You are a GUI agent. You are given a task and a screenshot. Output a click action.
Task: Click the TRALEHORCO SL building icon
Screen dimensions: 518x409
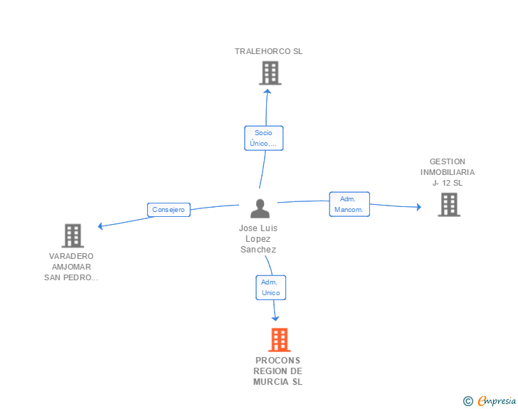tap(270, 73)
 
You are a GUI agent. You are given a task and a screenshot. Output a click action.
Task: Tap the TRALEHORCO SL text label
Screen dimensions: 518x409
tap(268, 51)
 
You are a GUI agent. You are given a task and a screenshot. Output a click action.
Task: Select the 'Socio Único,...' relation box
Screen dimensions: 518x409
tap(263, 138)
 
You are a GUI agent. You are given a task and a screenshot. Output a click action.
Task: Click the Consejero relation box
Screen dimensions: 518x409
tap(169, 210)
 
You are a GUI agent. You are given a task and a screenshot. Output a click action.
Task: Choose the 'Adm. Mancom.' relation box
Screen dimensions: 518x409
tap(349, 204)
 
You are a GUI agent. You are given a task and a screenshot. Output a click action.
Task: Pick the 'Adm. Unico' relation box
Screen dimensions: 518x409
tap(270, 287)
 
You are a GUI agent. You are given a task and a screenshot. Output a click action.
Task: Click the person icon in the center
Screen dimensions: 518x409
tap(260, 208)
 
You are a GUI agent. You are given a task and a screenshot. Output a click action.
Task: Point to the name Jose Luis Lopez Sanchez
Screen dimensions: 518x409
tap(258, 239)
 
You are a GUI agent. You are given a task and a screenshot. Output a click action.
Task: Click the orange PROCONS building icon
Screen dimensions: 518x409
tap(279, 339)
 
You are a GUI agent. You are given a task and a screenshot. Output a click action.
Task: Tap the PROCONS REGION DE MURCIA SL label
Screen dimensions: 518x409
tap(277, 371)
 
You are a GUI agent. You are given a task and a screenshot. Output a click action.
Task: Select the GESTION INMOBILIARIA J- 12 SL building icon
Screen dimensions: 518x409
tap(449, 205)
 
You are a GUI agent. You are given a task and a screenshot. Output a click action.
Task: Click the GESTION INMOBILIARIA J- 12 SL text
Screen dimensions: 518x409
tap(448, 172)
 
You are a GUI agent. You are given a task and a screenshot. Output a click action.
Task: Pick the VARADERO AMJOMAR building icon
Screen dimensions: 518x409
tap(73, 236)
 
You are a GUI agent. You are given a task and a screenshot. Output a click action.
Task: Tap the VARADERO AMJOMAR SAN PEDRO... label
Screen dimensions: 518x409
tap(71, 267)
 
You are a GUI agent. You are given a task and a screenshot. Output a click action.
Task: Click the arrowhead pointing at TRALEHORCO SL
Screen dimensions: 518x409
tap(268, 92)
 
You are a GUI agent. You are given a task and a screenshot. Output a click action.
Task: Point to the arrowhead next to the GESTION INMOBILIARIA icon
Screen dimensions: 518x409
tap(418, 207)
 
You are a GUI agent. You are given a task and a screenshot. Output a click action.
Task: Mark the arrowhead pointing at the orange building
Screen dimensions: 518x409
tap(275, 319)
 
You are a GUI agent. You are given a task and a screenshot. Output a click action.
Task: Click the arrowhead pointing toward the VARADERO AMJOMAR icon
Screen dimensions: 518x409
tap(100, 226)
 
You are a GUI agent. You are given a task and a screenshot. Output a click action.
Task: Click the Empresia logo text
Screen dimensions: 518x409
tap(497, 400)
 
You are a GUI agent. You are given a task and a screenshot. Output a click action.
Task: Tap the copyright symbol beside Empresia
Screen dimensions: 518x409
tap(467, 401)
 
